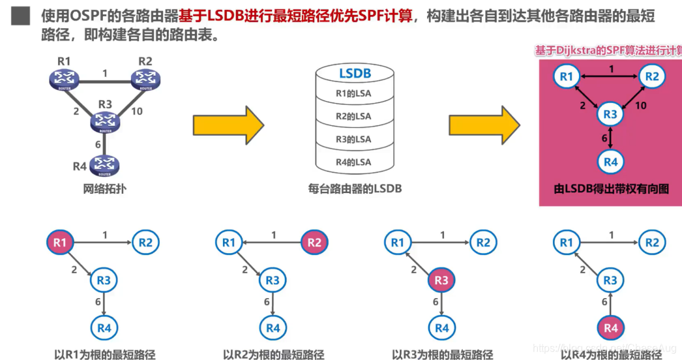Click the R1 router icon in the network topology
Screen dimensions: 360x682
(x=63, y=80)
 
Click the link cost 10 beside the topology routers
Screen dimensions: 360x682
(x=137, y=112)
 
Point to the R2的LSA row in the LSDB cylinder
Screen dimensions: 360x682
(x=353, y=116)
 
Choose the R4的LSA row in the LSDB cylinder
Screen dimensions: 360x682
(x=353, y=162)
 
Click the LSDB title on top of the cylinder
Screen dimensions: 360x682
(x=355, y=74)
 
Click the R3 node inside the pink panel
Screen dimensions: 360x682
(x=610, y=115)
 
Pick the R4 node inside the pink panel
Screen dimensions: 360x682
(x=610, y=162)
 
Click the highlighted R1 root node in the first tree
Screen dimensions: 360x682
(x=60, y=243)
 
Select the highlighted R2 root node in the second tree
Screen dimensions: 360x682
(x=314, y=243)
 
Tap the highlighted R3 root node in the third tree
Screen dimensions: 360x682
(x=441, y=281)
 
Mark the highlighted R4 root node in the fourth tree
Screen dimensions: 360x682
(x=610, y=328)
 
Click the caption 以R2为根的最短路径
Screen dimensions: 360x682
(x=273, y=355)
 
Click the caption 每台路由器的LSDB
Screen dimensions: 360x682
(x=355, y=189)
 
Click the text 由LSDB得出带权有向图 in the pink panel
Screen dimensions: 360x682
(x=610, y=189)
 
